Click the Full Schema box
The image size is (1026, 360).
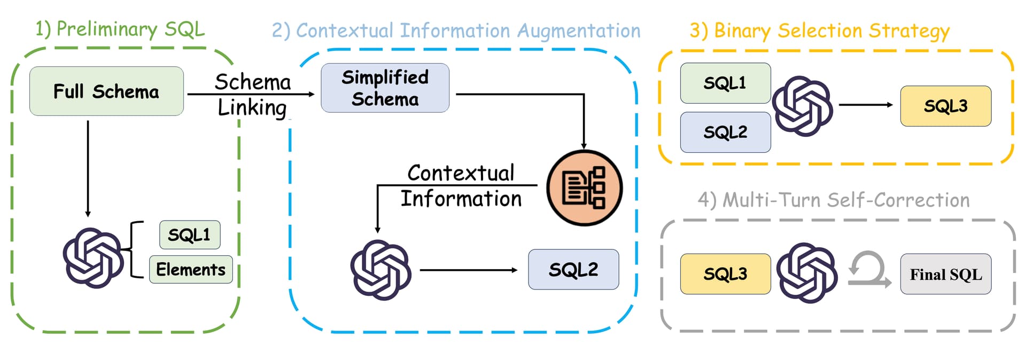(x=106, y=91)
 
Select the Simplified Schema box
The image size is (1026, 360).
(x=385, y=88)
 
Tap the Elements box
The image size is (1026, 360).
(x=191, y=269)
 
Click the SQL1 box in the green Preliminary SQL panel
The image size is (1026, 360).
(x=190, y=234)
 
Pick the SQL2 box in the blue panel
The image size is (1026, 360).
(x=573, y=269)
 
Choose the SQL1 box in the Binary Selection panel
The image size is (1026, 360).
(x=725, y=83)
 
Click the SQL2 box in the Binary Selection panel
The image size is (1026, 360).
(x=725, y=132)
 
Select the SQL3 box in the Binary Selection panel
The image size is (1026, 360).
(x=945, y=106)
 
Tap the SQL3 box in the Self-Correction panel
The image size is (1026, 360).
(x=725, y=273)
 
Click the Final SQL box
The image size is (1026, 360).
(x=945, y=274)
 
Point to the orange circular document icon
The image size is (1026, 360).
(x=584, y=188)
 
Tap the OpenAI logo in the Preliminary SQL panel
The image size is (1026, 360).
(x=94, y=258)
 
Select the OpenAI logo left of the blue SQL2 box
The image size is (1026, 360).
(x=380, y=270)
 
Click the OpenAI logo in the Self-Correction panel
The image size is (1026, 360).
(x=806, y=273)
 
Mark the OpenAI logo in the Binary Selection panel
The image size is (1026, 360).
(x=803, y=106)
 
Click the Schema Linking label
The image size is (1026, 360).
(x=253, y=95)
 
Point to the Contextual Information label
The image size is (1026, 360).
(x=461, y=185)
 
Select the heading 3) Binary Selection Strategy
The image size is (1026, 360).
(x=820, y=31)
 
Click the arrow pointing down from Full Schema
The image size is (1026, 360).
(x=88, y=169)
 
